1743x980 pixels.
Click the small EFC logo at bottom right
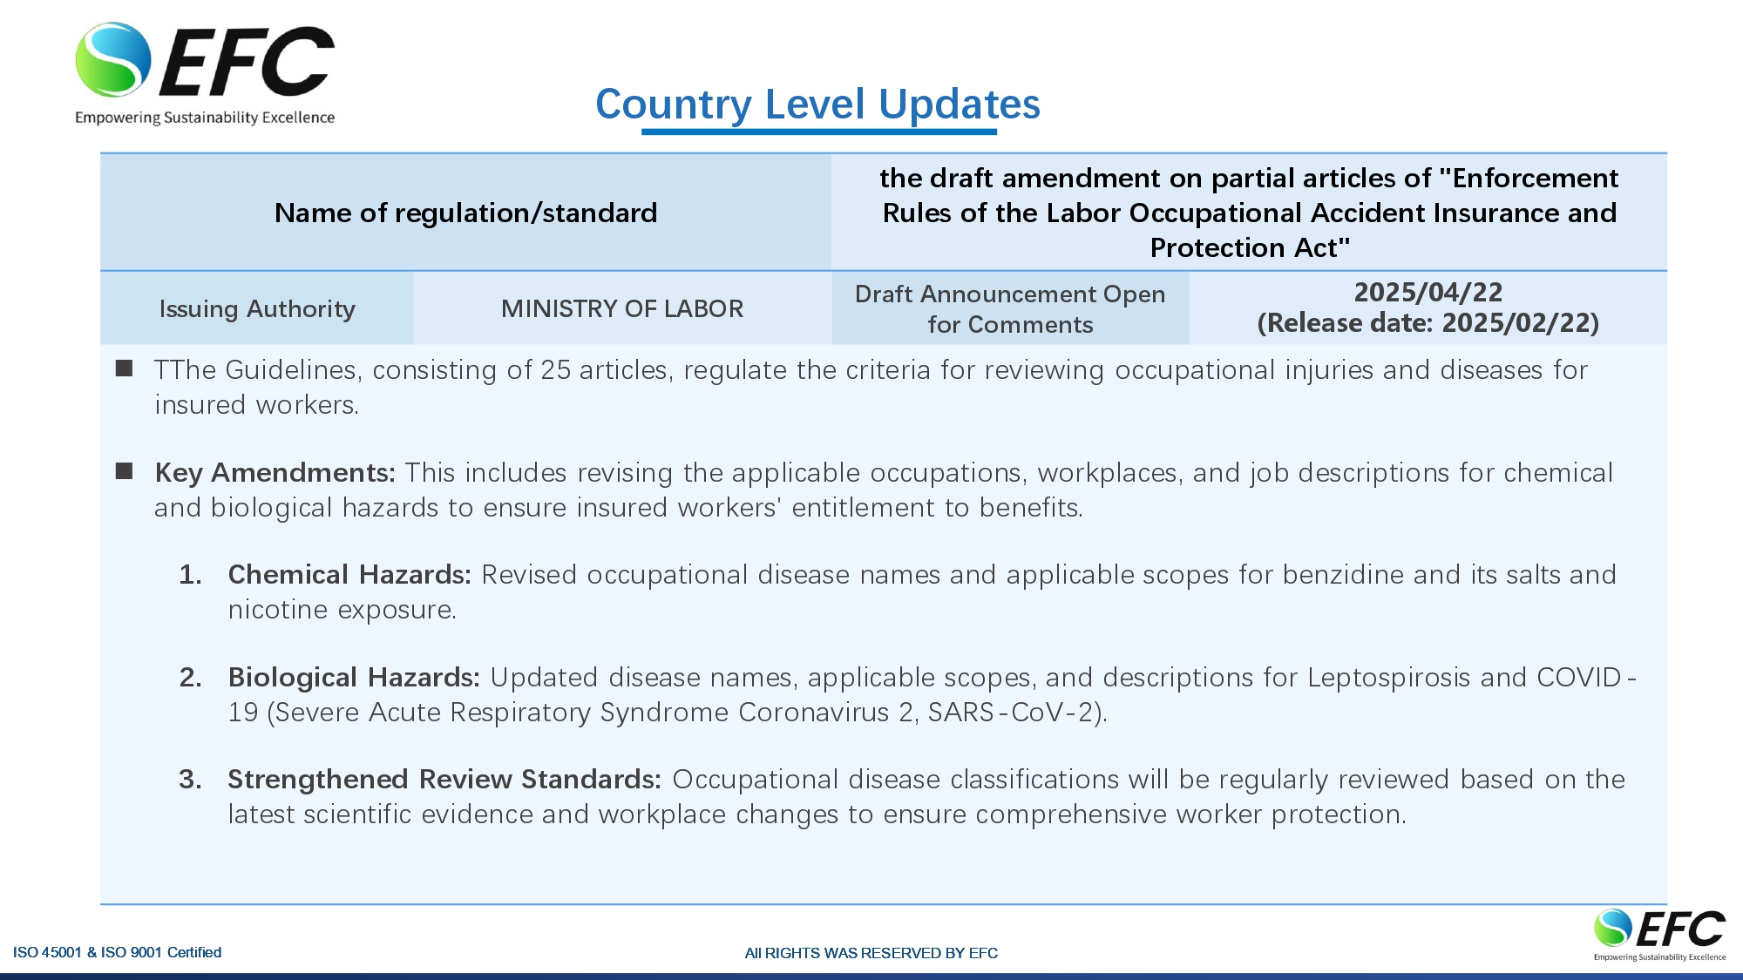click(1659, 933)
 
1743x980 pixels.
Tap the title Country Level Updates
click(817, 105)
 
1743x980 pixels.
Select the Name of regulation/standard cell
click(465, 213)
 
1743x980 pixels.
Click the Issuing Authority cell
click(257, 309)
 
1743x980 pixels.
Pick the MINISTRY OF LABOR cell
click(622, 309)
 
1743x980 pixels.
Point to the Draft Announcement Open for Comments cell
click(1010, 309)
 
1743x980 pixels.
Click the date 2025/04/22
click(1428, 293)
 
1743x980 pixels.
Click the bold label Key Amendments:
click(275, 473)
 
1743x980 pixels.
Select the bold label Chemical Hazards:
click(349, 575)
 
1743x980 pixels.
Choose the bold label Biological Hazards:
click(354, 678)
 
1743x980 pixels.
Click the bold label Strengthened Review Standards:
click(444, 780)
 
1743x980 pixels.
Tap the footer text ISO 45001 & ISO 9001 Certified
click(117, 952)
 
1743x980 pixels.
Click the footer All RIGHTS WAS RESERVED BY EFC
click(871, 953)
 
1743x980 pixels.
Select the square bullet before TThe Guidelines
click(125, 369)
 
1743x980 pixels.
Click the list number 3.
click(189, 780)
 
